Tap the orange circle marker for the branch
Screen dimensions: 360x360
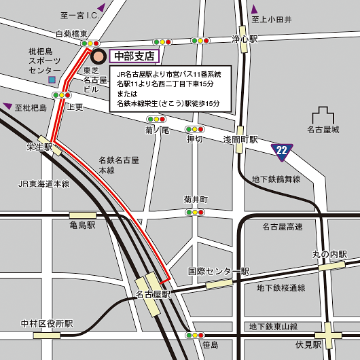click(x=98, y=56)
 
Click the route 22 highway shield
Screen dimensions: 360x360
click(x=283, y=150)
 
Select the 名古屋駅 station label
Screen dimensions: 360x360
click(x=153, y=295)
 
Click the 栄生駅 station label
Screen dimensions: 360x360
click(x=39, y=147)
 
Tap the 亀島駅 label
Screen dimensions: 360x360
click(x=83, y=224)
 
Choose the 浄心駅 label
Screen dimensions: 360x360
click(x=245, y=39)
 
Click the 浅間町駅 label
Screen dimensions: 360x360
click(x=241, y=139)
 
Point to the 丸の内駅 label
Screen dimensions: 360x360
click(x=329, y=254)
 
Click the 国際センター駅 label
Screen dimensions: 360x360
click(x=219, y=272)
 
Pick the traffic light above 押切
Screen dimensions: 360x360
click(x=195, y=129)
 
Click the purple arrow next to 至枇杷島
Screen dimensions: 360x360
click(x=7, y=106)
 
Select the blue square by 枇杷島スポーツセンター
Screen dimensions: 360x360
click(x=52, y=80)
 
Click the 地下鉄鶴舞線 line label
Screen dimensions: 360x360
click(x=276, y=179)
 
